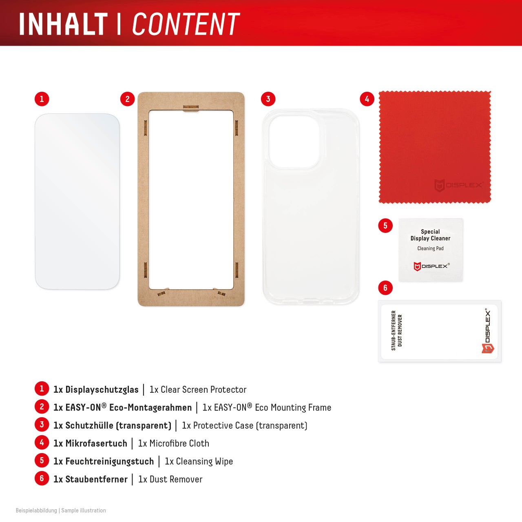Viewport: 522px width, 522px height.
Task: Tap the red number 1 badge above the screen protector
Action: click(42, 99)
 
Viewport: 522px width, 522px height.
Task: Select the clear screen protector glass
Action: click(77, 201)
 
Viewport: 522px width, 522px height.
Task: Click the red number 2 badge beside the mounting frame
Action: click(127, 99)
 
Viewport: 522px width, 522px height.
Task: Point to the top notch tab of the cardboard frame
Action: click(191, 108)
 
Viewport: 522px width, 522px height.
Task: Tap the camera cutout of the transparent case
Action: click(294, 142)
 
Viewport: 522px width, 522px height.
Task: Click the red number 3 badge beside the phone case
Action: click(268, 99)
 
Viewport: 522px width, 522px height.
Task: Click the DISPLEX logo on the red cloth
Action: click(458, 186)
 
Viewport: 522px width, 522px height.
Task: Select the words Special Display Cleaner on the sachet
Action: click(430, 235)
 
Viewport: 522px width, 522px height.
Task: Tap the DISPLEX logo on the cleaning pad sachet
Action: click(431, 266)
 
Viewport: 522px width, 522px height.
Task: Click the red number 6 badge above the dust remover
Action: click(385, 288)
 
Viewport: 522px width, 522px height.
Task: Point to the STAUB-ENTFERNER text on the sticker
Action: click(394, 330)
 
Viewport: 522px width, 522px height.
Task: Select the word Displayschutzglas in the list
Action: click(102, 389)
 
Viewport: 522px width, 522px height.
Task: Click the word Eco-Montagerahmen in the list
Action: click(150, 407)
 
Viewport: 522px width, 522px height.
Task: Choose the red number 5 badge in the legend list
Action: click(42, 461)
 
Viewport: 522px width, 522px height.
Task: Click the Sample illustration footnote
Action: click(84, 511)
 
